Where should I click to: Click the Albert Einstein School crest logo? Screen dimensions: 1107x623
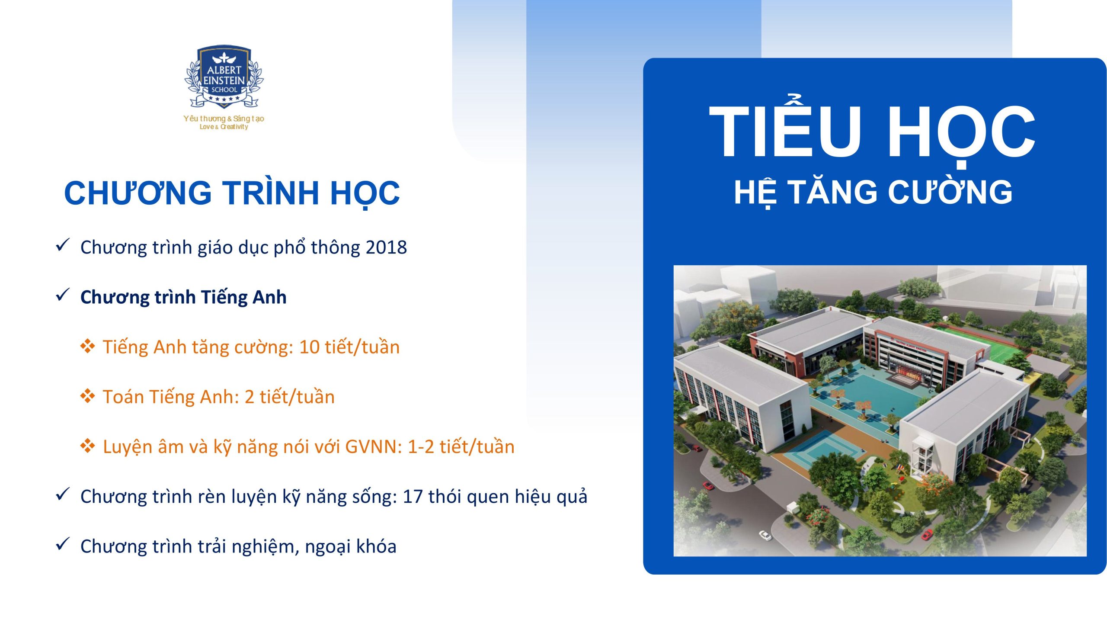[x=224, y=77]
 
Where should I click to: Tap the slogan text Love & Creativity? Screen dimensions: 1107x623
[x=224, y=127]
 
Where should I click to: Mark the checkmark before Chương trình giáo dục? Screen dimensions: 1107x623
[x=63, y=245]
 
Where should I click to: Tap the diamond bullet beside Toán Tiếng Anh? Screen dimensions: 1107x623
[x=87, y=396]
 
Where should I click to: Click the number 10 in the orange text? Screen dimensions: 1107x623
[x=309, y=347]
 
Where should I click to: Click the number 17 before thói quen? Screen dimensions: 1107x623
[x=413, y=497]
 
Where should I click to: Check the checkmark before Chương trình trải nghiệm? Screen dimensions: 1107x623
[x=63, y=544]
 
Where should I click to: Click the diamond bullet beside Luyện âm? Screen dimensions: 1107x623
[x=87, y=446]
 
